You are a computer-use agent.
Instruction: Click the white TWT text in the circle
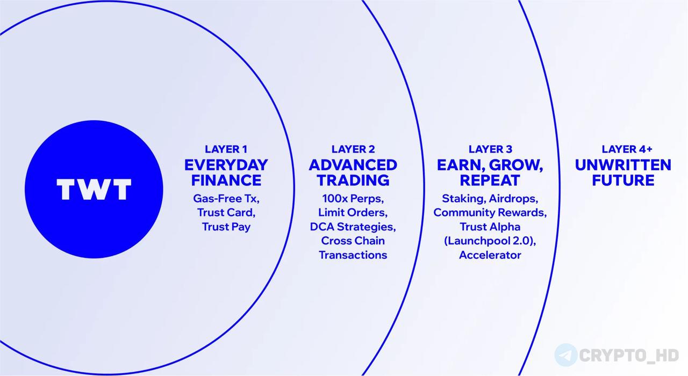tap(94, 190)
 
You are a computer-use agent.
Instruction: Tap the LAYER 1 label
tap(226, 149)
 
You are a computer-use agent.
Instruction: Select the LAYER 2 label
tap(353, 149)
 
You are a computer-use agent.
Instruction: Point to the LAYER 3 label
tap(491, 149)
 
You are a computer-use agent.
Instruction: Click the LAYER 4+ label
tap(627, 149)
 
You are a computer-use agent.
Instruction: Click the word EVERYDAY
tap(226, 165)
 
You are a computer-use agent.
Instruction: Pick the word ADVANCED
tap(353, 165)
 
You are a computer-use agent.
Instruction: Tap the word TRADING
tap(353, 180)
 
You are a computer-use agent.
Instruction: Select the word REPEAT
tap(490, 180)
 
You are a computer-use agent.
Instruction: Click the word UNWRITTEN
tap(623, 165)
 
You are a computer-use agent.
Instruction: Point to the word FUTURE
tap(623, 180)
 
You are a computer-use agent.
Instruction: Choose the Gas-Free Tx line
tap(226, 199)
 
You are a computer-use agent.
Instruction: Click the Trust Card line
tap(226, 213)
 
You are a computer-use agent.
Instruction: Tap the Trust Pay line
tap(226, 227)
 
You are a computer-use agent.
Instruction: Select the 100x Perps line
tap(353, 199)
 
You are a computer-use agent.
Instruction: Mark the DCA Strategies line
tap(353, 227)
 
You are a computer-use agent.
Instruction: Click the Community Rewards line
tap(490, 213)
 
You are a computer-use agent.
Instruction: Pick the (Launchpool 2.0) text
tap(489, 241)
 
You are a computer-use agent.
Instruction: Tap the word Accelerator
tap(490, 255)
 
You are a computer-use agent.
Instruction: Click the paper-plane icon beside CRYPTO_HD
tap(566, 355)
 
